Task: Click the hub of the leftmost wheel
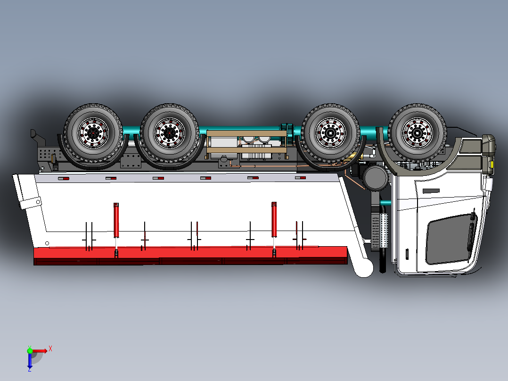93,133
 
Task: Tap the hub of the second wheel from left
169,133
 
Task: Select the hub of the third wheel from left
331,133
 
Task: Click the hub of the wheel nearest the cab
417,133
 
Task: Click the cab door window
450,239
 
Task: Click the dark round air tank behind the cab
376,178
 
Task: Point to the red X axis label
50,349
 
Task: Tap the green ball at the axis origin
30,350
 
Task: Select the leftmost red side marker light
63,179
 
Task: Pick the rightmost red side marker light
301,178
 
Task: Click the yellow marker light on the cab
491,165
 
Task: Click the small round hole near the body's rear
47,243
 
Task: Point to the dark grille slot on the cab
431,191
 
